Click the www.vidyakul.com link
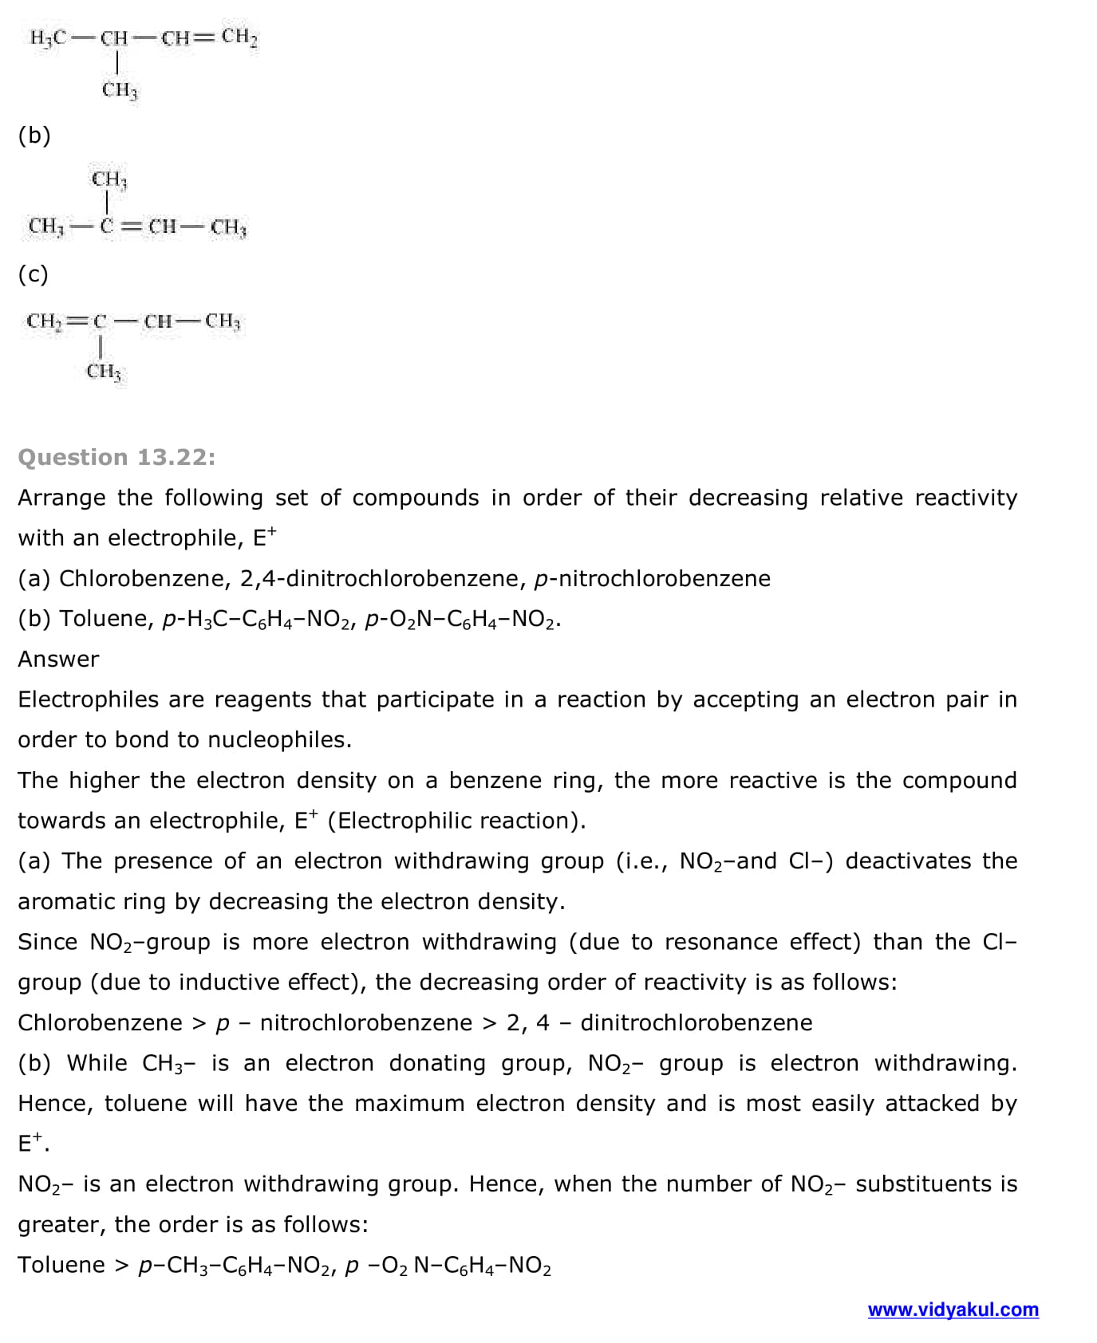click(953, 1310)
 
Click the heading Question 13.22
click(116, 457)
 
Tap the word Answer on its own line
click(58, 659)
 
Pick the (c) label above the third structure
click(34, 274)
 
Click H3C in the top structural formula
click(48, 37)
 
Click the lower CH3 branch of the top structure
click(120, 89)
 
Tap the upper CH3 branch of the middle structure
click(109, 179)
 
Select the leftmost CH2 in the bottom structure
click(43, 321)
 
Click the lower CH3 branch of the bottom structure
click(104, 371)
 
